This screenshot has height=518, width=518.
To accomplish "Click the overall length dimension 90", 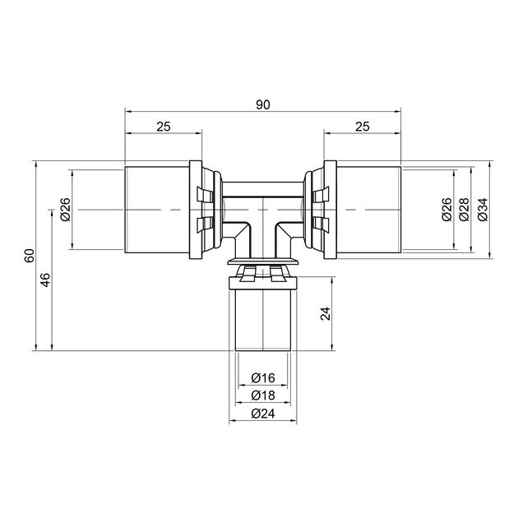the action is click(263, 104).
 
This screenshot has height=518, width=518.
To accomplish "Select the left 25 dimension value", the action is click(164, 127).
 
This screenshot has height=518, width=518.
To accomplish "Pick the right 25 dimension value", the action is click(363, 127).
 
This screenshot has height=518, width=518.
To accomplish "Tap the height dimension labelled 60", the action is click(30, 256).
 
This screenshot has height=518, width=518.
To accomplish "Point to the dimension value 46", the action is click(45, 280).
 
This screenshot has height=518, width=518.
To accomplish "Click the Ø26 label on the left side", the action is click(66, 210).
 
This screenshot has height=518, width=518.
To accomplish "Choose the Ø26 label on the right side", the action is click(446, 210).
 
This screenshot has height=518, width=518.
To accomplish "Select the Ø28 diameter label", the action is click(465, 210).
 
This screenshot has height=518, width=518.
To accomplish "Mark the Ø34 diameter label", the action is click(483, 210).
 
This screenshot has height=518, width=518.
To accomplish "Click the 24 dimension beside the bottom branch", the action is click(326, 313).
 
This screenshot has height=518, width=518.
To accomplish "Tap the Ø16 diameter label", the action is click(263, 377).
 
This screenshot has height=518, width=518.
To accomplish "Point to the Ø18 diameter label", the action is click(263, 395).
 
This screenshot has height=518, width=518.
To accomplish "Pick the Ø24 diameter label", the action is click(263, 414).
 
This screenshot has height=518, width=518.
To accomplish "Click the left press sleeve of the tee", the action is click(157, 210).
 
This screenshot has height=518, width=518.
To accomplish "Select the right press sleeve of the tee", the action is click(368, 210).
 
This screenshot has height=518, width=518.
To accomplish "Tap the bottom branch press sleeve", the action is click(263, 320).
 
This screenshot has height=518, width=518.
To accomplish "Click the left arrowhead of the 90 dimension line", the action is click(128, 112).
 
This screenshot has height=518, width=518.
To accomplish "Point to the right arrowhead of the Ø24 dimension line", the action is click(294, 420).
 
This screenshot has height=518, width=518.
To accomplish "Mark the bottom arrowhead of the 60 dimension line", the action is click(35, 347).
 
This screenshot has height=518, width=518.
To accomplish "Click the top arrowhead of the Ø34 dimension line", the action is click(489, 164).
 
